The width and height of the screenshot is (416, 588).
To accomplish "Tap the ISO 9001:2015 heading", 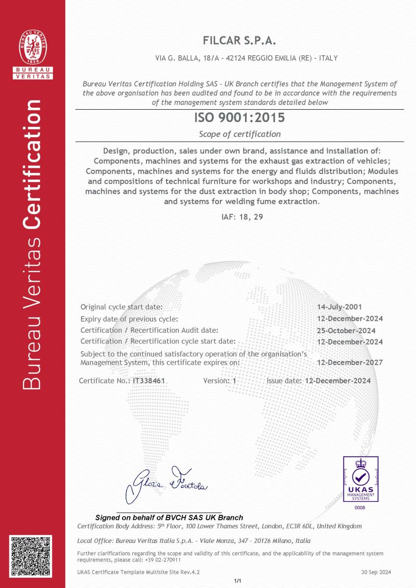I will [x=240, y=118].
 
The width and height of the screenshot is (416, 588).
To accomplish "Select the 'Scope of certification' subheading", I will [x=240, y=134].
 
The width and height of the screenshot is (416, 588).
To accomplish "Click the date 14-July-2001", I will [x=340, y=307].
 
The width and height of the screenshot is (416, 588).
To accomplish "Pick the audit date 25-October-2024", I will [x=346, y=330].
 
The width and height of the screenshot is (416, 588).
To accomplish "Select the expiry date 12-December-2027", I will [x=350, y=363].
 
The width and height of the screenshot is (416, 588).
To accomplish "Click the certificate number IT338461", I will [x=149, y=381].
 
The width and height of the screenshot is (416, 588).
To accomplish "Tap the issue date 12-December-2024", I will [x=338, y=381].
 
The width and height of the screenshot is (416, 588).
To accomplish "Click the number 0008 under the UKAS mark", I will [x=360, y=508].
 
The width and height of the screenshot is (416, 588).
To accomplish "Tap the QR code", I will [x=30, y=558].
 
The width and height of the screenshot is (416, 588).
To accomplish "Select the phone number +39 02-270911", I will [x=163, y=560].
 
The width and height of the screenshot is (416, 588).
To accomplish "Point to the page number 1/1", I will [x=238, y=581].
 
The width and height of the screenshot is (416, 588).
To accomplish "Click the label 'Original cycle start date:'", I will [x=121, y=307].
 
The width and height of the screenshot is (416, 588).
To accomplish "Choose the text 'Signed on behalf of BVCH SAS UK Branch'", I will [x=169, y=517].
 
